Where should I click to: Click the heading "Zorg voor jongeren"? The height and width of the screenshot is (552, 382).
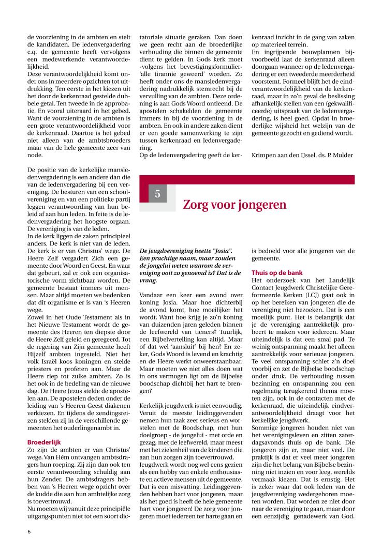click(234, 205)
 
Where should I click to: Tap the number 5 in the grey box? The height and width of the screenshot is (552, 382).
click(157, 194)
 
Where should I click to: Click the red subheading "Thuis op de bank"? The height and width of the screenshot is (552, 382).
click(277, 272)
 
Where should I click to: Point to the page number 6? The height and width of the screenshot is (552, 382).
click(29, 531)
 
